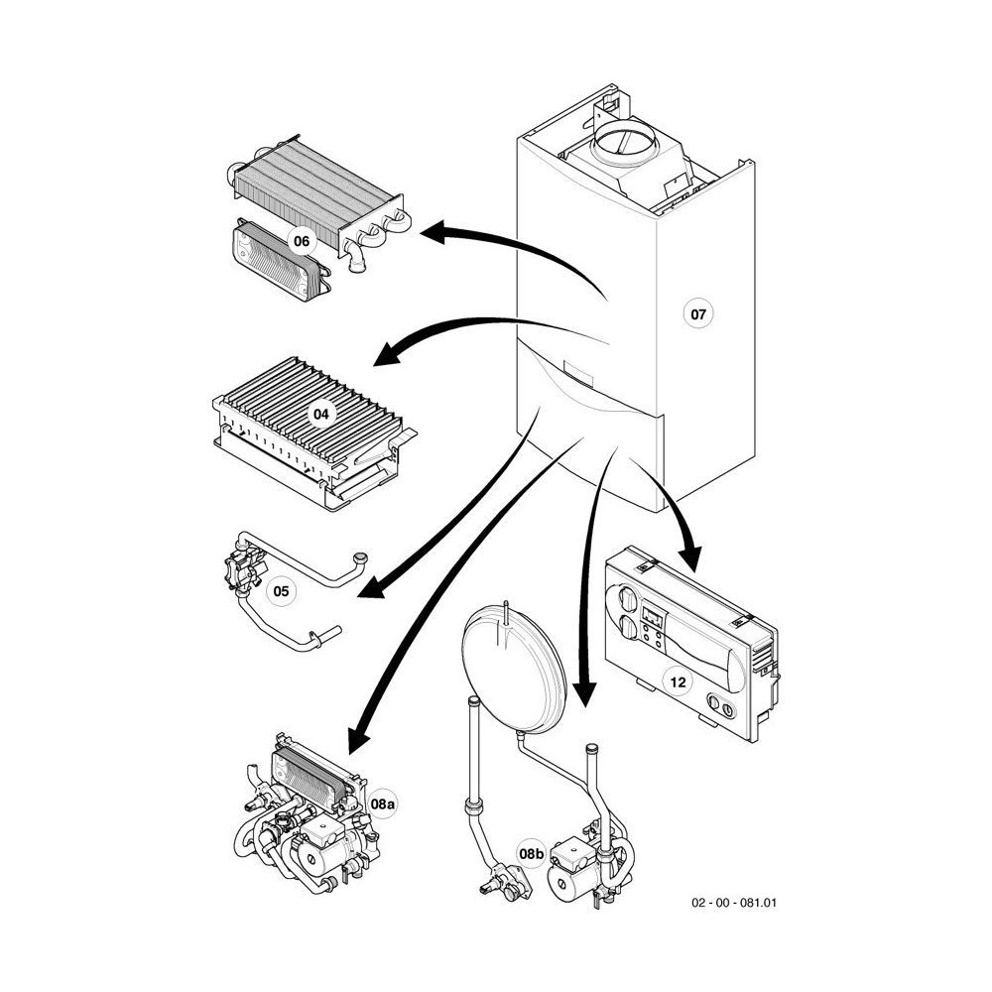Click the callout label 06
(302, 240)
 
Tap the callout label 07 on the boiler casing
(698, 314)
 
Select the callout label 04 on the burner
(322, 414)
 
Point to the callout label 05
(282, 592)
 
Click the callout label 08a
(382, 803)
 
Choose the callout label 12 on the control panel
(678, 682)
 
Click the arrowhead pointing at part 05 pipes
(369, 590)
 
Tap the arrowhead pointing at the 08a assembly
(354, 738)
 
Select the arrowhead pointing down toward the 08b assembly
(584, 693)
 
